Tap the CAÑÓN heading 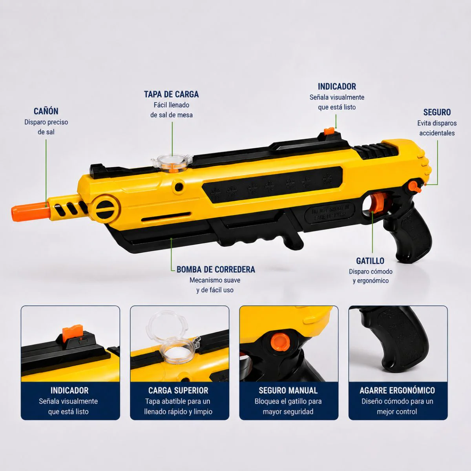46,111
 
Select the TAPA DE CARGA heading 172,94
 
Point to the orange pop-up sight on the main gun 329,131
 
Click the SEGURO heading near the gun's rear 437,112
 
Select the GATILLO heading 370,261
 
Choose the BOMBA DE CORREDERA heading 216,270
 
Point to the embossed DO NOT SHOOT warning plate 330,212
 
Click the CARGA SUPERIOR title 179,391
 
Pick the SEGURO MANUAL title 288,391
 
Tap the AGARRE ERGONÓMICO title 397,391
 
